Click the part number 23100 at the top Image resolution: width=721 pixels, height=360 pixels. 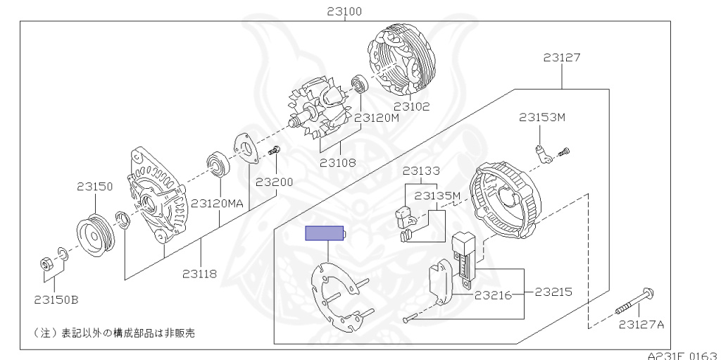coord(344,11)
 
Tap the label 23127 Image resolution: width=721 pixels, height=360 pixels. coord(561,58)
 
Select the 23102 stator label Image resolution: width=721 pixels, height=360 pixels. coord(411,106)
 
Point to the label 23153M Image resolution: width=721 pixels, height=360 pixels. coord(542,118)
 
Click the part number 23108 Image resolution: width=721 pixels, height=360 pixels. coord(338,163)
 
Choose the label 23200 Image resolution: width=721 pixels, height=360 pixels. coord(275,182)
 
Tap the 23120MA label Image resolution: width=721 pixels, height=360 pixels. coord(217,203)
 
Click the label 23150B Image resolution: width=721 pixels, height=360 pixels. coord(56,299)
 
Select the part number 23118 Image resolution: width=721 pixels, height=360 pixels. coord(199,274)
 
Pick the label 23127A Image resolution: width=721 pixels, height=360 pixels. coord(641,325)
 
